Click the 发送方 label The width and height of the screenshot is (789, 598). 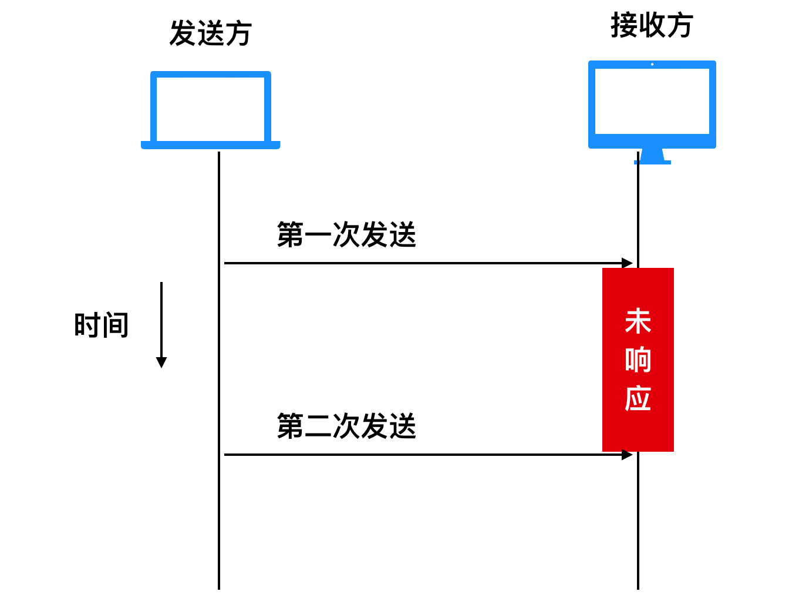(211, 33)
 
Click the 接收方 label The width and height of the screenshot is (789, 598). (652, 26)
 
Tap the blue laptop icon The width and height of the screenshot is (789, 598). (211, 109)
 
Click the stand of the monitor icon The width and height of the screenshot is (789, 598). (652, 156)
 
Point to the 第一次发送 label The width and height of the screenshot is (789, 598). (346, 235)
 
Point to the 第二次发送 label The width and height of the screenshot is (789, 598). (346, 426)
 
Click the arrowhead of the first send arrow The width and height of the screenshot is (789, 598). (628, 263)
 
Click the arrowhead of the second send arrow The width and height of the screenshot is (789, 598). (628, 455)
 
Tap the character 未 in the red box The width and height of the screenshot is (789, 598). (638, 322)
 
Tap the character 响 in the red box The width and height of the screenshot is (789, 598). (638, 360)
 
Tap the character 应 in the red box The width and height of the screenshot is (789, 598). (638, 398)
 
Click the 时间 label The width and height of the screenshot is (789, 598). (102, 325)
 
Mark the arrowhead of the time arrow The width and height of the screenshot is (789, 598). (161, 362)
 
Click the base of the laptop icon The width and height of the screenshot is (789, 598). (211, 145)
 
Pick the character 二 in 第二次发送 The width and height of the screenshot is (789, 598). (318, 426)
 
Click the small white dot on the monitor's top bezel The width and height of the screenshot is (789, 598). (652, 65)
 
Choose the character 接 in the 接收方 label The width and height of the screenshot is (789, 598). (624, 26)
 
